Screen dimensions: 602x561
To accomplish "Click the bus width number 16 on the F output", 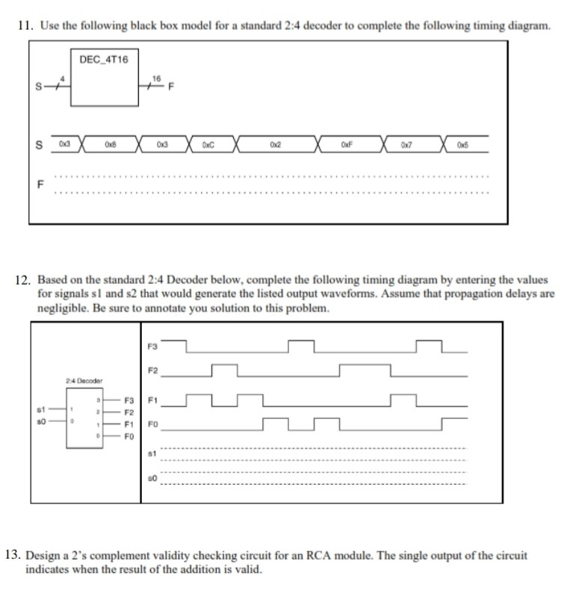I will [x=157, y=78].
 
